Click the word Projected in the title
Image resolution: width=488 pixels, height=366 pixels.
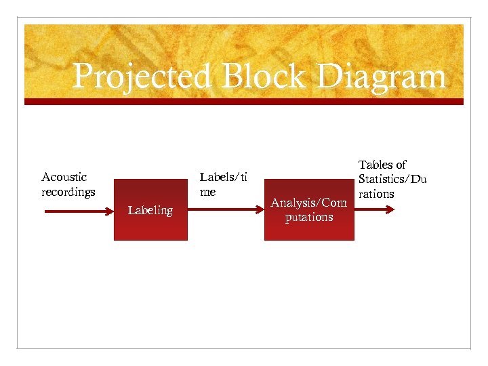click(140, 77)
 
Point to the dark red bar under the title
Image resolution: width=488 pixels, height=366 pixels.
click(244, 102)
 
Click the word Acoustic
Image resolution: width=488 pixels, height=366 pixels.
click(64, 178)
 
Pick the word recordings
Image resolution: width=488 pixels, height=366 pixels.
click(68, 192)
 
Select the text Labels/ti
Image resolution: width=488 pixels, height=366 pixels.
click(222, 178)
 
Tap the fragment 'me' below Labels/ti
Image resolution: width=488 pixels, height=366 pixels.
click(207, 192)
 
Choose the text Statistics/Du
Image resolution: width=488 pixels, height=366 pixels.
click(392, 179)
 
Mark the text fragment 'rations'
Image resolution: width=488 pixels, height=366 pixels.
click(376, 194)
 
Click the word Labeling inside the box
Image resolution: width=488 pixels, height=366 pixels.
click(150, 210)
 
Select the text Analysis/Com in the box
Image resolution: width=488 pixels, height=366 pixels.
click(308, 203)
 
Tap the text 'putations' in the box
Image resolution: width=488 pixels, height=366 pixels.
click(308, 217)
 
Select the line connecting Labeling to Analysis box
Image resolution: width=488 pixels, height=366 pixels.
click(225, 209)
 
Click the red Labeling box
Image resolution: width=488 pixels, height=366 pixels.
click(150, 227)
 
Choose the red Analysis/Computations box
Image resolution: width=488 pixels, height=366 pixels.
click(308, 230)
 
